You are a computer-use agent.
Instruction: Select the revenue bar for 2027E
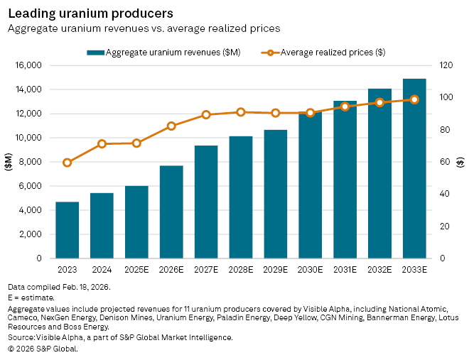(x=206, y=202)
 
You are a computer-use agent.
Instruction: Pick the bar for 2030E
(x=311, y=185)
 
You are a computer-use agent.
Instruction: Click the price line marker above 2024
(x=102, y=143)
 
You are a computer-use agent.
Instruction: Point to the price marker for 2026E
(x=171, y=126)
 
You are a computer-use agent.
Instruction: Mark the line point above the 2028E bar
(x=241, y=112)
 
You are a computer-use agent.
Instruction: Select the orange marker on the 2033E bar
(x=414, y=99)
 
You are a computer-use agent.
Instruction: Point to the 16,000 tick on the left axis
(x=31, y=65)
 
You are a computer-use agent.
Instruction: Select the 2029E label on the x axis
(x=276, y=270)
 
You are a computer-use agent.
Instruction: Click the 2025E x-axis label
(x=136, y=270)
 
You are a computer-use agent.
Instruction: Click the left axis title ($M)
(x=9, y=162)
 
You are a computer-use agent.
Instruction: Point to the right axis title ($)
(x=460, y=162)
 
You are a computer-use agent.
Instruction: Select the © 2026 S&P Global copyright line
(x=43, y=349)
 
